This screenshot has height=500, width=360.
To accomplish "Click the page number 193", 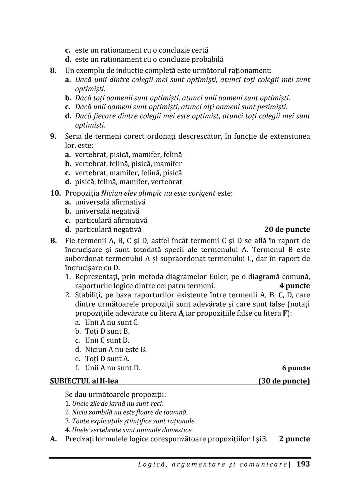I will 303,464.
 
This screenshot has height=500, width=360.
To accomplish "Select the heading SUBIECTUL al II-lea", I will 84,381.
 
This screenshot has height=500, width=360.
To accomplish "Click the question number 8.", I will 53,71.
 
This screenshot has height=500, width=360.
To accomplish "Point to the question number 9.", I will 53,136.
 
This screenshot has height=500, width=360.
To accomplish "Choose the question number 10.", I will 55,193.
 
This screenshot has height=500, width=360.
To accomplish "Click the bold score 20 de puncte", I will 287,230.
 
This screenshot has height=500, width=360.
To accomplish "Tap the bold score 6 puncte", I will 296,368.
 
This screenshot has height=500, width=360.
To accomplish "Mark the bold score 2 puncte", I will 294,439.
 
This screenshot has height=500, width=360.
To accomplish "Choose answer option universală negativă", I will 107,211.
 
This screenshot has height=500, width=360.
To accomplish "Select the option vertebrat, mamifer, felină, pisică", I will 128,173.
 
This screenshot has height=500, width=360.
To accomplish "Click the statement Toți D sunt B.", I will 107,331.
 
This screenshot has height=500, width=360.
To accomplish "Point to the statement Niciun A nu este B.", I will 116,350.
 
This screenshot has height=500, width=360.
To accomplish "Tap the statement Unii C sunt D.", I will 107,340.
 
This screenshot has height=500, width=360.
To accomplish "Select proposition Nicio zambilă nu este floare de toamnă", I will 129,412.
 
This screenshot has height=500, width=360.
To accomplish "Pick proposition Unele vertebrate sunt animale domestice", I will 132,430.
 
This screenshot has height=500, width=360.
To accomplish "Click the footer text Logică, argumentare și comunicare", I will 213,464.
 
